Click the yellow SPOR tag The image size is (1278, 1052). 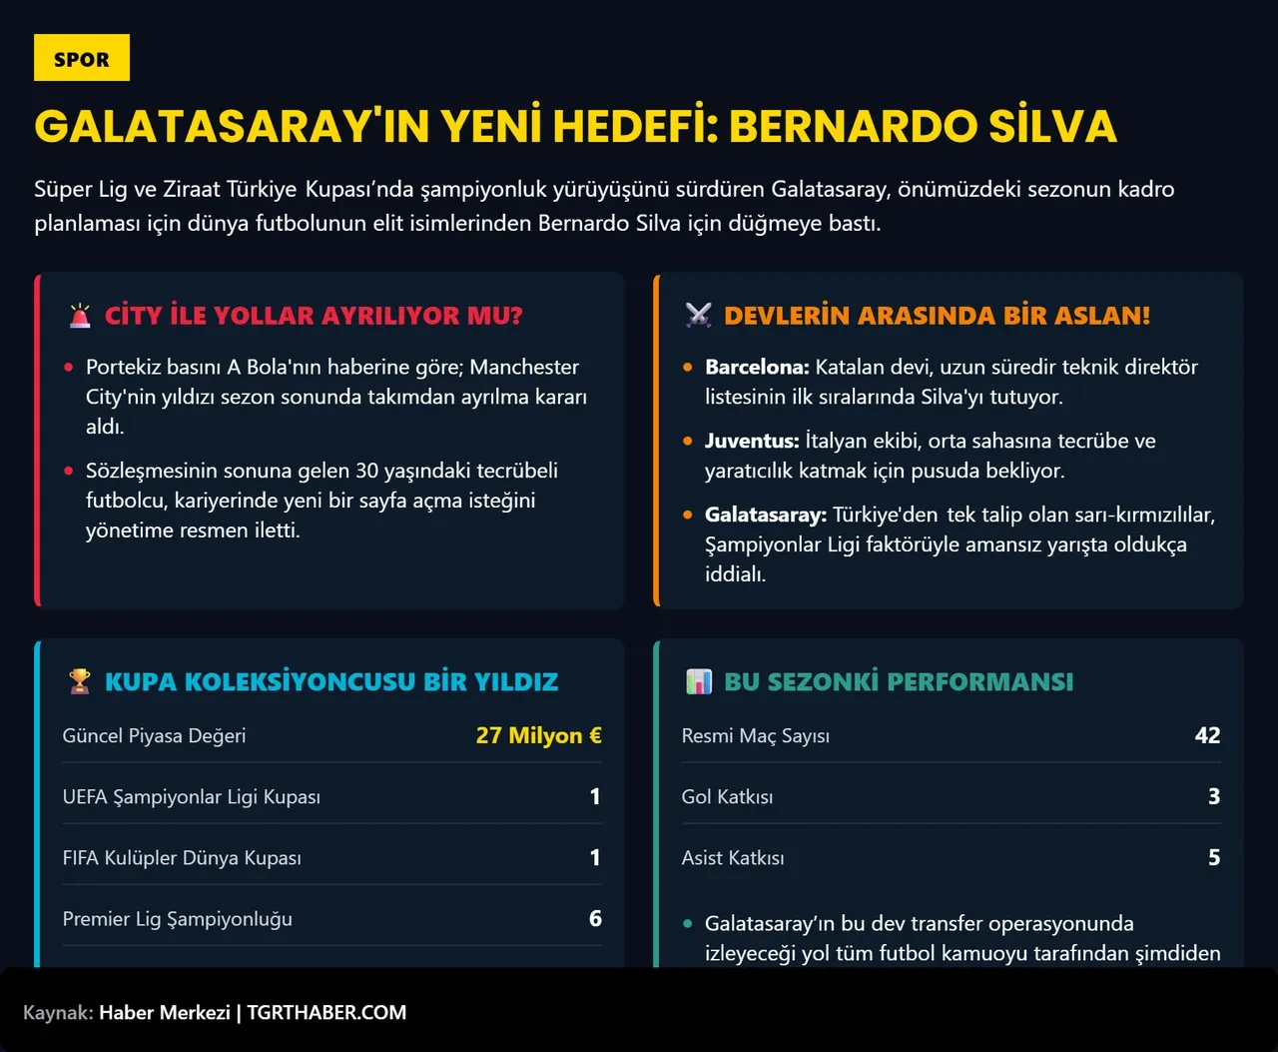pos(82,58)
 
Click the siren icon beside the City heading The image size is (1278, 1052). pos(80,316)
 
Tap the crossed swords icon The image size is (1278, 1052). pos(699,316)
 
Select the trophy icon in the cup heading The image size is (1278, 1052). pos(80,681)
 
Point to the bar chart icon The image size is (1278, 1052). pos(699,681)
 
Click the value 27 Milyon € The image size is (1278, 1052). pos(538,735)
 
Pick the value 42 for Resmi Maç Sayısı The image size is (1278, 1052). pos(1207,735)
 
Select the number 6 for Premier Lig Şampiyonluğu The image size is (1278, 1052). pos(595,918)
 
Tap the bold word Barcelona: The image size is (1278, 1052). pos(757,367)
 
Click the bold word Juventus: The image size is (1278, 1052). pos(752,441)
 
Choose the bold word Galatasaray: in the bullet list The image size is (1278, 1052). pos(766,515)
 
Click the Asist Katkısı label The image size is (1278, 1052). pos(733,857)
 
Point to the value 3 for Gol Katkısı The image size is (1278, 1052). pos(1214,796)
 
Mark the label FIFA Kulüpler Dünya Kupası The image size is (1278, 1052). pos(182,857)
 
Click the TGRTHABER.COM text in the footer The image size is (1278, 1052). pos(326,1012)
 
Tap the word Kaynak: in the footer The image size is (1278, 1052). pos(58,1012)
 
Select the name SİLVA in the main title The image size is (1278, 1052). pos(1052,126)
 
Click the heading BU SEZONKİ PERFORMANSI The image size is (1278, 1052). pos(899,681)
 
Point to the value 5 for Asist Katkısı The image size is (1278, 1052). pos(1214,857)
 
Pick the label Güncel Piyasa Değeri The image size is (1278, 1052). pos(154,735)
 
